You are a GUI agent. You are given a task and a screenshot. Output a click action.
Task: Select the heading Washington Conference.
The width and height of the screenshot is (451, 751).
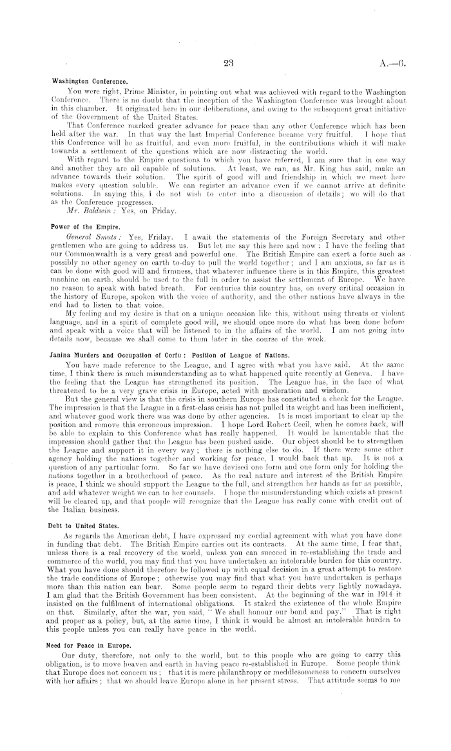(90, 82)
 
